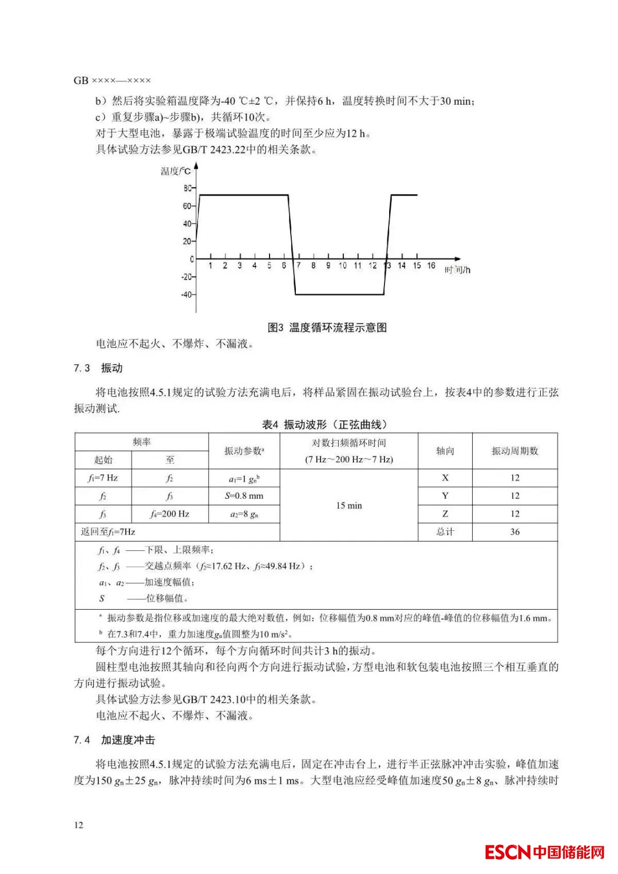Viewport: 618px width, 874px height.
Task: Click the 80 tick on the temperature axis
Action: pos(188,188)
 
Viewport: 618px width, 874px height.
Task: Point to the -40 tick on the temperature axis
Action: pos(187,295)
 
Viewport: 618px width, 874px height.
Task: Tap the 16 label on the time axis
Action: pos(431,265)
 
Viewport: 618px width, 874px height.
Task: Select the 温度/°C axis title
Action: pos(176,170)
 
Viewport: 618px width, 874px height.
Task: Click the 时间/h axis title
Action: pos(457,270)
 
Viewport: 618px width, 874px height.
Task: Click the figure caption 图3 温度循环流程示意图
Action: pos(327,327)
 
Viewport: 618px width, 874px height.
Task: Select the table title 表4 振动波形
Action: pos(324,424)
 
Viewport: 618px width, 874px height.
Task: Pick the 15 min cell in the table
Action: pos(348,506)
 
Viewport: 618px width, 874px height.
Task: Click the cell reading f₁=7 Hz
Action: pos(103,478)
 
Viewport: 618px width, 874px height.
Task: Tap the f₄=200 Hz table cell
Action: pos(169,514)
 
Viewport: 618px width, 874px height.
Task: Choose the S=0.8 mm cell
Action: pos(244,495)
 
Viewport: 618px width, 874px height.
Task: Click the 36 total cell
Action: pos(514,531)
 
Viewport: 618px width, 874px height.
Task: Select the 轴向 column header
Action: pos(445,451)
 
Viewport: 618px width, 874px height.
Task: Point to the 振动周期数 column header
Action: pos(514,451)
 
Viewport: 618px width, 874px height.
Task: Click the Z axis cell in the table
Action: pos(445,514)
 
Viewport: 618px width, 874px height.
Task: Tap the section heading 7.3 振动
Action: pos(98,368)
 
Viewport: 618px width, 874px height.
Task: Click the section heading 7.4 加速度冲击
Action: pos(114,740)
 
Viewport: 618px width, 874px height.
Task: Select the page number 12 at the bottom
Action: pos(78,825)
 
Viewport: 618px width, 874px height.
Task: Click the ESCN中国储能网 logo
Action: pos(544,852)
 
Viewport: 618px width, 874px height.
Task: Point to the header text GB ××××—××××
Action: pos(112,81)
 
